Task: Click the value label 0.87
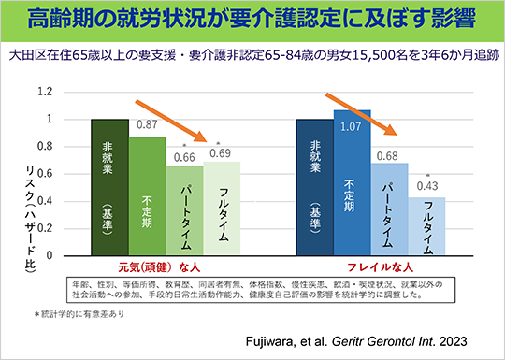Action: click(x=146, y=124)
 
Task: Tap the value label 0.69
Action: click(x=221, y=152)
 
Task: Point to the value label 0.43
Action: click(x=426, y=187)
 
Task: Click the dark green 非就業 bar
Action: click(x=108, y=187)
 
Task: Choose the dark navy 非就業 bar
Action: click(x=314, y=187)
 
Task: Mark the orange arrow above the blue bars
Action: click(x=372, y=109)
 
